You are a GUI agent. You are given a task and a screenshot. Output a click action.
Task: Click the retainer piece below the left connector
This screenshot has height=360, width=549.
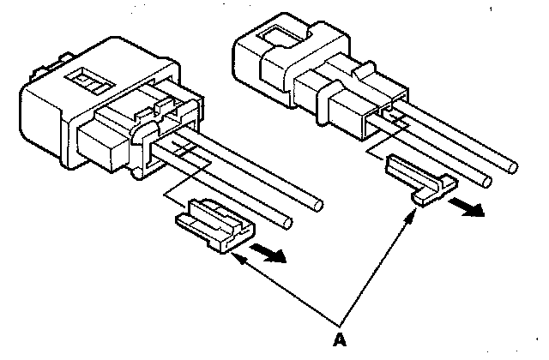point(214,225)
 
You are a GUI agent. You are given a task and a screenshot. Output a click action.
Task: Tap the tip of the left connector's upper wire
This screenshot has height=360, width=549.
point(317,205)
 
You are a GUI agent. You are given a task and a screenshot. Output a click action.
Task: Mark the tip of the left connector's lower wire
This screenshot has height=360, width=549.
point(287,224)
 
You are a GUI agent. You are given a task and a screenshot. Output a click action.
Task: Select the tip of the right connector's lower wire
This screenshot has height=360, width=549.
point(487,180)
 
